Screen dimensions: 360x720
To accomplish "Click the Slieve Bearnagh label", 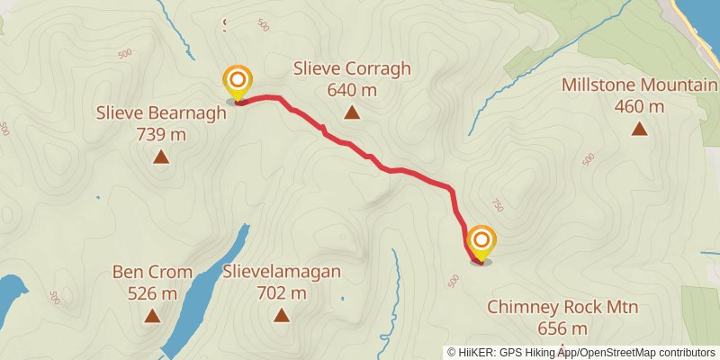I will [161, 114].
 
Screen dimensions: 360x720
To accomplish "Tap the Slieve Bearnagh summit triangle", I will [161, 157].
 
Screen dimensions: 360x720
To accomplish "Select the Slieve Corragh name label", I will [352, 69].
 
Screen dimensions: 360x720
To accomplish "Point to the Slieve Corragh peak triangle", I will [352, 112].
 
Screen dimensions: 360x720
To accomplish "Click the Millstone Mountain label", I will [639, 85].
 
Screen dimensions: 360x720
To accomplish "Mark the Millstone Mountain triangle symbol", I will [639, 129].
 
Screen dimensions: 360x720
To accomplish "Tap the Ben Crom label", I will [152, 272].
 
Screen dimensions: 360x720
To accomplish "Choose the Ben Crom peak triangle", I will [152, 315].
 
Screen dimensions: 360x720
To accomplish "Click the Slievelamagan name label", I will [282, 272].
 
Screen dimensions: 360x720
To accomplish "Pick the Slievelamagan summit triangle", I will [282, 315].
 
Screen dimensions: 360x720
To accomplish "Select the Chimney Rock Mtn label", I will [562, 308].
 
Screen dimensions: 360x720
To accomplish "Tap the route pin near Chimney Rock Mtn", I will [481, 241].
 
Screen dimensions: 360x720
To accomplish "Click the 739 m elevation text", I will [161, 135].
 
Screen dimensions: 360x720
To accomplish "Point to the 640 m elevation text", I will [352, 90].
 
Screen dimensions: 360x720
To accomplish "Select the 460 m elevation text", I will [639, 106].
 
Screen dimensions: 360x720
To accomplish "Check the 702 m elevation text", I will [282, 292].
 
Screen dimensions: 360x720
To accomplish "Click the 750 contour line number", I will [495, 203].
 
